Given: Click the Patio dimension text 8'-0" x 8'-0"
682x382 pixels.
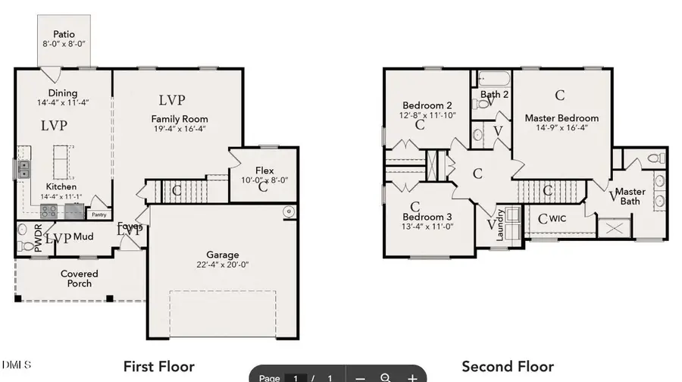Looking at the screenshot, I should [64, 45].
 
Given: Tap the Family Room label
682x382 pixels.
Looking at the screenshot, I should [179, 119].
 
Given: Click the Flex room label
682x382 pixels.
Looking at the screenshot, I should [264, 171].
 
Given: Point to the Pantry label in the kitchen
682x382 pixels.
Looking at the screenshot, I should [99, 203].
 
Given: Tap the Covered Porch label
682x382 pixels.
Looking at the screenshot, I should [79, 278].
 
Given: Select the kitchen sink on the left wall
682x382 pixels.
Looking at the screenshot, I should [24, 168].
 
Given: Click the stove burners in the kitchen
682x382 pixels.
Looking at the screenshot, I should [49, 211].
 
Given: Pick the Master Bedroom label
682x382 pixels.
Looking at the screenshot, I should [562, 118].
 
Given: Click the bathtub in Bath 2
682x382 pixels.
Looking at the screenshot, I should [493, 78].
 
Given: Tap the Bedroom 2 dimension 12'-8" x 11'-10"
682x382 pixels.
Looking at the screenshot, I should [427, 115].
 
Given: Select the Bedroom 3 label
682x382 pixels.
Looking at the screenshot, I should [427, 216].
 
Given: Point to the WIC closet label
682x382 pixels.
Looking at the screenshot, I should [558, 219].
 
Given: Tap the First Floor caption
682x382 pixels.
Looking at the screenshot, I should [158, 367].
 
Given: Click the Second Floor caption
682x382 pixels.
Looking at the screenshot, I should [508, 367].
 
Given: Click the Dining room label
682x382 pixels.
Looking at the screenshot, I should [62, 93].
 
